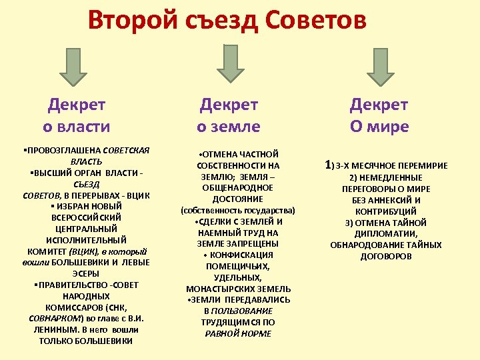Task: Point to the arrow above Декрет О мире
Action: pyautogui.click(x=380, y=67)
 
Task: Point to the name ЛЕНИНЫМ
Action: pyautogui.click(x=57, y=329)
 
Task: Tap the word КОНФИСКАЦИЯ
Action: pyautogui.click(x=242, y=255)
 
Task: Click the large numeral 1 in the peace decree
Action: pyautogui.click(x=328, y=164)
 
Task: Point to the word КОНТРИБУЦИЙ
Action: pyautogui.click(x=379, y=211)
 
